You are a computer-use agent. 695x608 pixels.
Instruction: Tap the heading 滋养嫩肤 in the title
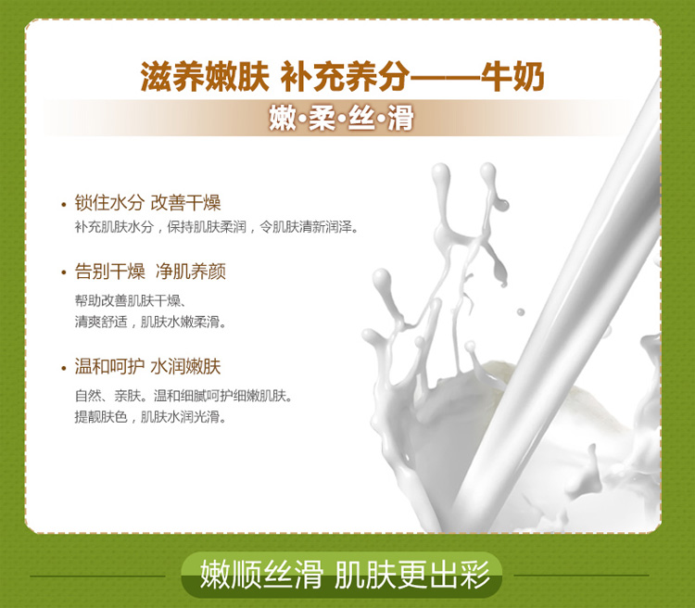point(205,77)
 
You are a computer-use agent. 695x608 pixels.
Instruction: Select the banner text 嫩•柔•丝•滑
point(342,119)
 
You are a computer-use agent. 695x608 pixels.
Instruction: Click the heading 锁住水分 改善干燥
point(147,203)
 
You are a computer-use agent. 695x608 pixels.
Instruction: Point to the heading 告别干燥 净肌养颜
point(150,272)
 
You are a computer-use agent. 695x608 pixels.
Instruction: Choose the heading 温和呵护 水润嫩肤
point(147,367)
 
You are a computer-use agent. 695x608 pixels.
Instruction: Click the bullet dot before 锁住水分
point(63,205)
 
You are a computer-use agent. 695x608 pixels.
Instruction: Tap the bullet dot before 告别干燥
point(63,272)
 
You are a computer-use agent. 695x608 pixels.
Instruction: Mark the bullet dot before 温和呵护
point(63,368)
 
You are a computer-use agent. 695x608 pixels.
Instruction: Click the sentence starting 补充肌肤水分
point(216,227)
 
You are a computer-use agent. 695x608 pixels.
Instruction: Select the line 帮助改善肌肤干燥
point(130,301)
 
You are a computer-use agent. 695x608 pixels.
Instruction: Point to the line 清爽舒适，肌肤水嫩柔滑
point(150,322)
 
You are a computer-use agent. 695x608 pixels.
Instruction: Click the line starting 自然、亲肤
point(184,396)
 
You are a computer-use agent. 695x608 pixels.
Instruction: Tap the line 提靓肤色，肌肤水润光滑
point(150,417)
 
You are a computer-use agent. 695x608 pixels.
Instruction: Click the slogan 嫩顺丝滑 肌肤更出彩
point(345,575)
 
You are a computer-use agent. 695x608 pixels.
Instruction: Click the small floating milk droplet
point(521,312)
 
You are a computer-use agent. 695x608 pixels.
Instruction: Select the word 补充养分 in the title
point(345,77)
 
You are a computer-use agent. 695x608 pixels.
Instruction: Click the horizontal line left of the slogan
point(97,576)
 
